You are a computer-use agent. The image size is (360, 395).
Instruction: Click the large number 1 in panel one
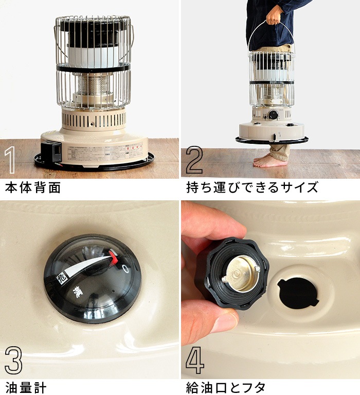tap(10, 160)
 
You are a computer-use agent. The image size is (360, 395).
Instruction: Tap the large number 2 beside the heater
tap(194, 160)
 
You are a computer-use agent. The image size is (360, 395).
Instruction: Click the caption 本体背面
tap(33, 187)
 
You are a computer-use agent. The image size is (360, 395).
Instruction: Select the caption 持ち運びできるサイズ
tap(252, 187)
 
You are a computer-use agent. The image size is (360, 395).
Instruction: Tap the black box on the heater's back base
tap(52, 152)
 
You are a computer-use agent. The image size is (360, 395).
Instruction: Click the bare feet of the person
tap(271, 161)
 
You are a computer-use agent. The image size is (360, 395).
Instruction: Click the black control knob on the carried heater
tap(274, 115)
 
